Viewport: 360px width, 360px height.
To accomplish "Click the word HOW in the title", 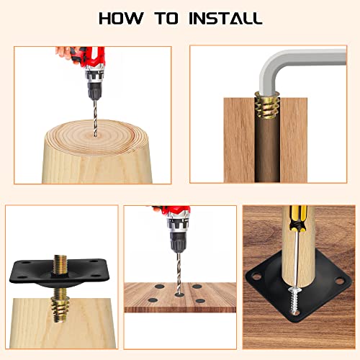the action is coord(121,18).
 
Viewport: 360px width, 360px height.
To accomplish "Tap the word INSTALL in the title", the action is coord(225,18).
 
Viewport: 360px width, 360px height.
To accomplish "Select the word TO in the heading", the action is coord(166,18).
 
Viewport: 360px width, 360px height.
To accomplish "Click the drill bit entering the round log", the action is coord(95,118).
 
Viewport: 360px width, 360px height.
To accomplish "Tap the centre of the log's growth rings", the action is coord(95,136).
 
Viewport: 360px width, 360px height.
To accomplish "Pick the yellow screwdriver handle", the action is coord(298,219).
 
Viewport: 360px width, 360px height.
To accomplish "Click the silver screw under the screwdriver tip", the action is coord(295,300).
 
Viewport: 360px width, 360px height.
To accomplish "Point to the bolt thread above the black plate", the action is coord(60,265).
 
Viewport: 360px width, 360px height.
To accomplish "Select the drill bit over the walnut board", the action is coord(179,273).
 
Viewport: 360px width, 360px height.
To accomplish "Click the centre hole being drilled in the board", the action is coord(179,294).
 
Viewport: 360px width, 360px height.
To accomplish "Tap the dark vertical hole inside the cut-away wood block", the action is coord(267,149).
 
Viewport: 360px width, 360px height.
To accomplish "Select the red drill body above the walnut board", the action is coord(176,217).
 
